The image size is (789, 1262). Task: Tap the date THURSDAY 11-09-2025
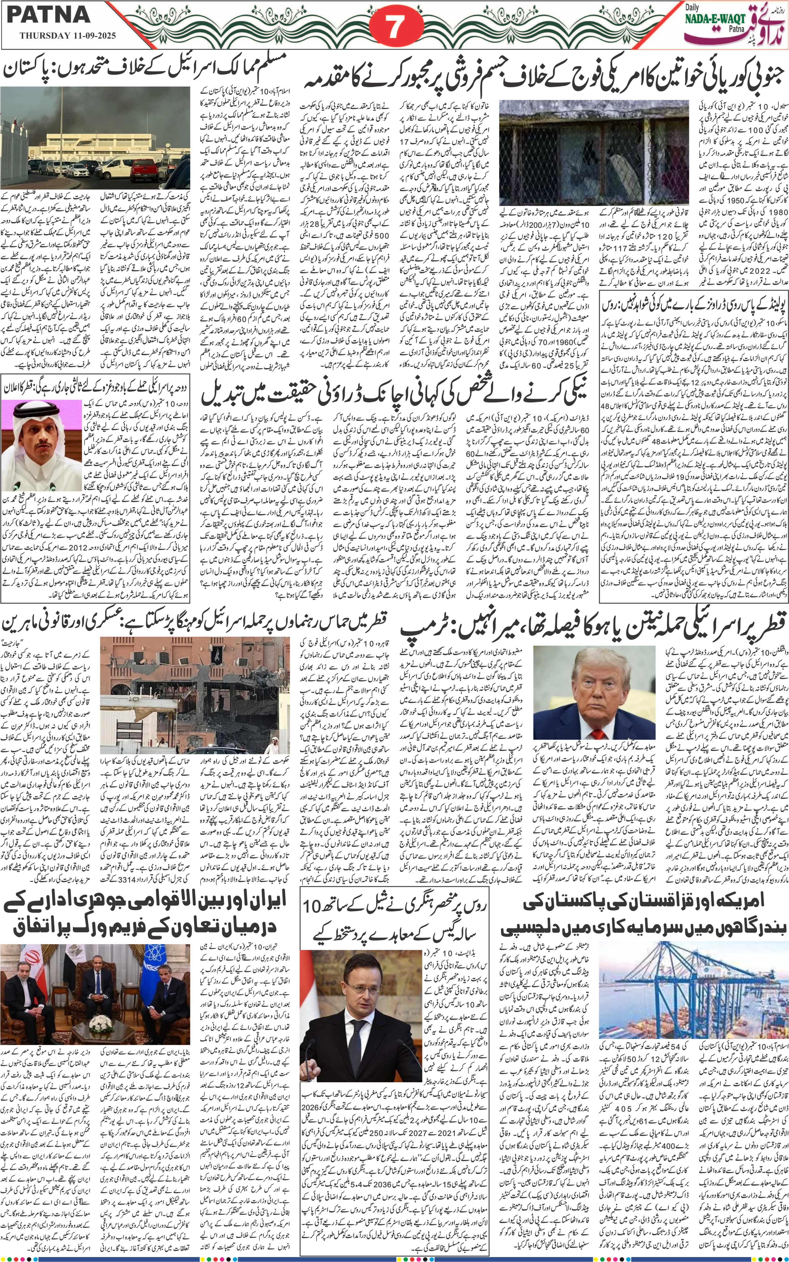[68, 37]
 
